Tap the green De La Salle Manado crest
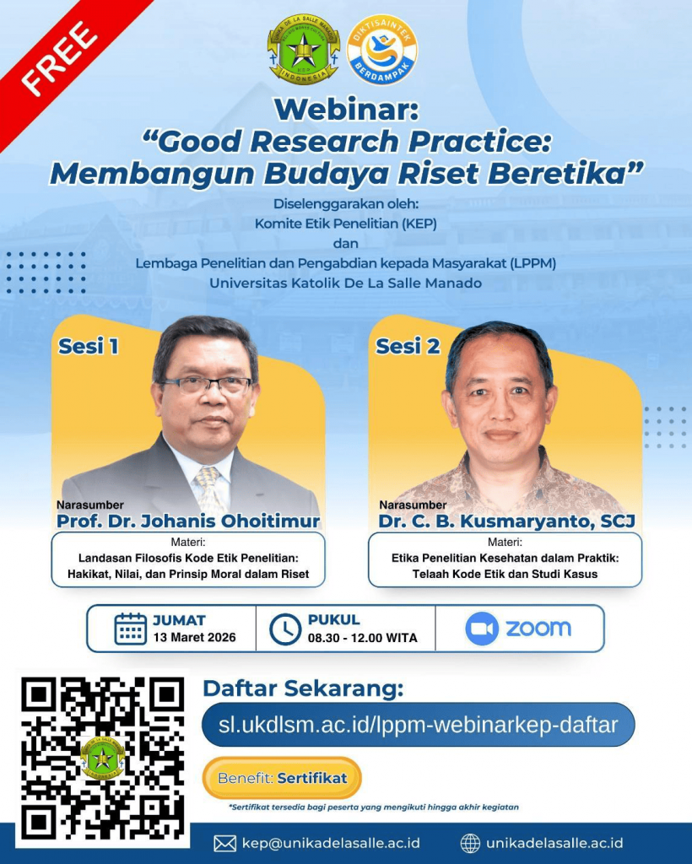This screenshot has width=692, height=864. tap(303, 48)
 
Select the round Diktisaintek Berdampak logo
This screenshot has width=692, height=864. tap(381, 50)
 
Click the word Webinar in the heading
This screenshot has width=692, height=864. tap(347, 109)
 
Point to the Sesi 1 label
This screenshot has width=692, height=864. tap(88, 346)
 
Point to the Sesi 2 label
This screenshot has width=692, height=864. tap(408, 346)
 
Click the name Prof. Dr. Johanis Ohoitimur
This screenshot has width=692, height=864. tap(188, 521)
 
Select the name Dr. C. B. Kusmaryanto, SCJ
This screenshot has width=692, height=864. tap(506, 521)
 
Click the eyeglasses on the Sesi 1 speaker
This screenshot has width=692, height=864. tap(207, 385)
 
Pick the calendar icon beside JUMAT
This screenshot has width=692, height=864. tap(131, 629)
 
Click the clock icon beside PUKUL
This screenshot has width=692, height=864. tap(285, 629)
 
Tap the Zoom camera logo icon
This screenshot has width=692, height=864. tap(482, 629)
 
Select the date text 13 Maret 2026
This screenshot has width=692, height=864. tap(194, 638)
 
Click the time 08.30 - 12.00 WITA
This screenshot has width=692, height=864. tap(363, 638)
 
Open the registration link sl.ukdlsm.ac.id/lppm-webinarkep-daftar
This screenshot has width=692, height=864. tap(419, 725)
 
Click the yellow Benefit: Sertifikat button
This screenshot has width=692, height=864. tap(282, 778)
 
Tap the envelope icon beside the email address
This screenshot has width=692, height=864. tap(224, 844)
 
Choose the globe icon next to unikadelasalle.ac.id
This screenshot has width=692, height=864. tap(470, 843)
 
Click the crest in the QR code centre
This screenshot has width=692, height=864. tap(102, 759)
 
